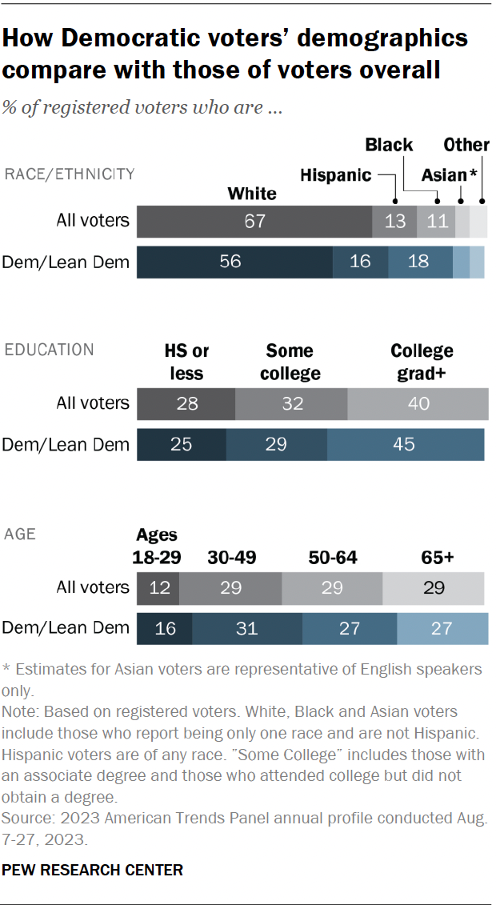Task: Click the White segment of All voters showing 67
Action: [x=254, y=221]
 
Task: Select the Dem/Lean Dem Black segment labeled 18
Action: [x=420, y=262]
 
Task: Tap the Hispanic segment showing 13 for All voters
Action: [x=394, y=221]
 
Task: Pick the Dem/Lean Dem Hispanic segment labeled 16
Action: [x=360, y=262]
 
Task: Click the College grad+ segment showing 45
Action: [x=405, y=444]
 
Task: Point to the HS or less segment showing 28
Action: [x=186, y=403]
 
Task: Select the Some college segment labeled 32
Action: [x=292, y=403]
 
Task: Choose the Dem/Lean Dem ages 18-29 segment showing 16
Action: [x=165, y=628]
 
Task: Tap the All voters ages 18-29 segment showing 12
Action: [x=158, y=587]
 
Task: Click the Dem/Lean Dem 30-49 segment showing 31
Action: [x=246, y=628]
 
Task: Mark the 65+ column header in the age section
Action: [x=438, y=557]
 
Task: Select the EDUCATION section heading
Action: [x=50, y=350]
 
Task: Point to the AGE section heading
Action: [x=20, y=533]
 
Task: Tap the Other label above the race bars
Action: [x=466, y=145]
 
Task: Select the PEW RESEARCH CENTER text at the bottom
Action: [x=93, y=870]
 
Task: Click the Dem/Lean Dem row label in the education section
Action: [x=66, y=444]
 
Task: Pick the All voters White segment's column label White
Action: [x=252, y=193]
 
